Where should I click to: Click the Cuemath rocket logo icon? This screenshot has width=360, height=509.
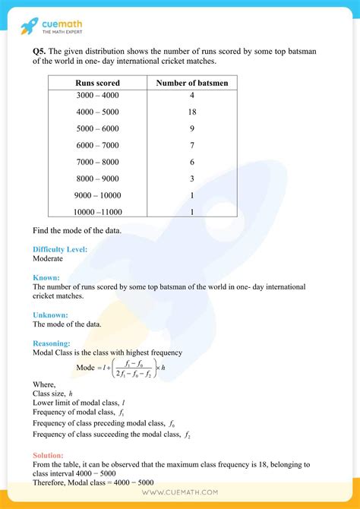point(30,27)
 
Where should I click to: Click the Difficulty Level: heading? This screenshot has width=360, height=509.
point(60,249)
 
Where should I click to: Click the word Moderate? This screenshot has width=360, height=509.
point(49,258)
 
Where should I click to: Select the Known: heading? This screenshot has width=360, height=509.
point(46,278)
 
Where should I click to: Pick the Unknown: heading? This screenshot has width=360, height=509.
point(51,315)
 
